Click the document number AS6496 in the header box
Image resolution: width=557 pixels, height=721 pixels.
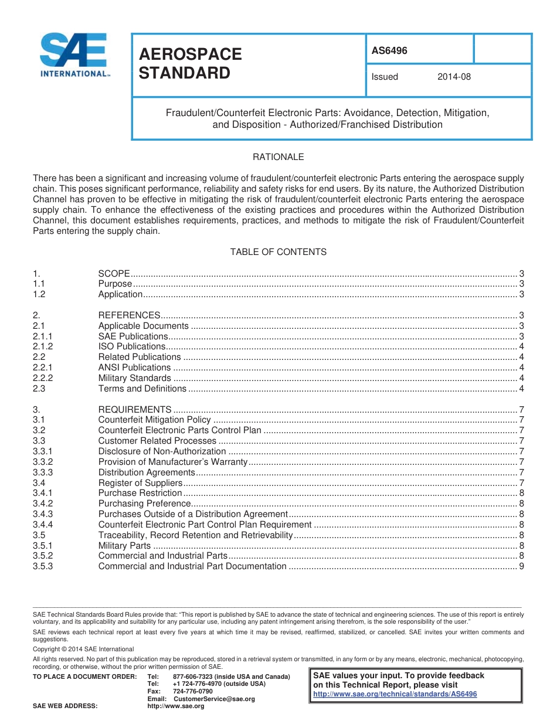389,51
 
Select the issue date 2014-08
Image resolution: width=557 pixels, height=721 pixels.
454,77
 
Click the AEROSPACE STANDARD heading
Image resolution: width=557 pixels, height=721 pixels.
190,63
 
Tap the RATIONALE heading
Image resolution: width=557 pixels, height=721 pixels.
278,157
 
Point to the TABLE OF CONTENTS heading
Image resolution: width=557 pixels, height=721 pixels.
278,252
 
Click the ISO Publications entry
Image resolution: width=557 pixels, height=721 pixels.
131,346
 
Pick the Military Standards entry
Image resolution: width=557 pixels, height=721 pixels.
134,378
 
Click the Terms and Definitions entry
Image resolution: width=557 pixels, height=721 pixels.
142,389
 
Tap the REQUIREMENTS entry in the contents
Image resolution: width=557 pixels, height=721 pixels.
134,409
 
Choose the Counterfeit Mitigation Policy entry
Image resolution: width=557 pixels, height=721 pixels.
154,420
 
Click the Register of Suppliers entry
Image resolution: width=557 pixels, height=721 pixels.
140,483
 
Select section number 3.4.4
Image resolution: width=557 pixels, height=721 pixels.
43,525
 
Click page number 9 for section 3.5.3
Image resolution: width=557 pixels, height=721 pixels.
521,566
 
